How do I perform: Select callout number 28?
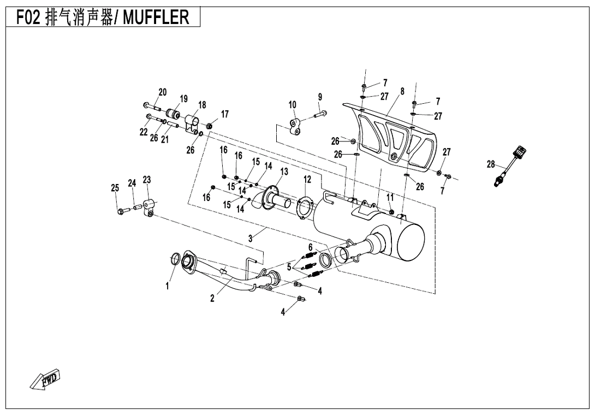[x=490, y=164]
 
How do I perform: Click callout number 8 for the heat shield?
[x=402, y=91]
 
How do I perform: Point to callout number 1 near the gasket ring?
[x=168, y=285]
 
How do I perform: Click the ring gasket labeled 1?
[x=176, y=259]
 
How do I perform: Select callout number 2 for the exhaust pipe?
[x=212, y=299]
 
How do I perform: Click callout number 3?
[x=251, y=238]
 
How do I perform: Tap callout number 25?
[x=115, y=188]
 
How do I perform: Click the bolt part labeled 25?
[x=120, y=210]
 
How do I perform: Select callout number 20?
[x=162, y=92]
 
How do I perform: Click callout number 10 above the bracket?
[x=293, y=104]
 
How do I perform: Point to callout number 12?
[x=307, y=179]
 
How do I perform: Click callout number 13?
[x=284, y=171]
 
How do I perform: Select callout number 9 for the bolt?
[x=320, y=97]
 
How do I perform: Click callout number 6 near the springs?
[x=310, y=247]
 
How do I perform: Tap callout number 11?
[x=390, y=197]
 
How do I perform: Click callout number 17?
[x=224, y=114]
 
